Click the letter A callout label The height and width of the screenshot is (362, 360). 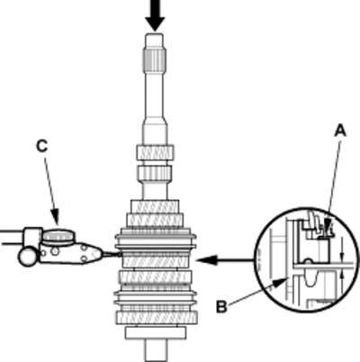[x=340, y=131]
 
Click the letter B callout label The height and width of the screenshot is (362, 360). [x=221, y=307]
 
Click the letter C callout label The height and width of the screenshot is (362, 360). [x=41, y=146]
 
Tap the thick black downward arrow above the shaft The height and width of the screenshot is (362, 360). [x=155, y=15]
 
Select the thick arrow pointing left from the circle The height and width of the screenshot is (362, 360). [x=224, y=260]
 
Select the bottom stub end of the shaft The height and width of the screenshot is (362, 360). [x=156, y=350]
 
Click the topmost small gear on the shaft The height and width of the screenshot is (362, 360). [x=155, y=152]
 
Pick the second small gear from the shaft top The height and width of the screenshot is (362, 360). [x=155, y=173]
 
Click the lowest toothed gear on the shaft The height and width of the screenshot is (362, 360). [x=157, y=318]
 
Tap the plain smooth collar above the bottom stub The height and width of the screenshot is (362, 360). [x=156, y=333]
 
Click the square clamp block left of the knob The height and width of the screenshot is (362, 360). [x=32, y=237]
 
